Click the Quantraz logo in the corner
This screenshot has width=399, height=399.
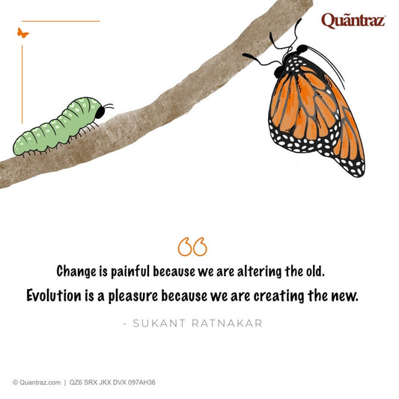(x=353, y=20)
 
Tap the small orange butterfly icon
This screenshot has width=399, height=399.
(x=23, y=33)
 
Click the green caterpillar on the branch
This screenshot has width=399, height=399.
(x=61, y=126)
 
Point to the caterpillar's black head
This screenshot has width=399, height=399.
(x=101, y=111)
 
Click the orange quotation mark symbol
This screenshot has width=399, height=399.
(x=192, y=246)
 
